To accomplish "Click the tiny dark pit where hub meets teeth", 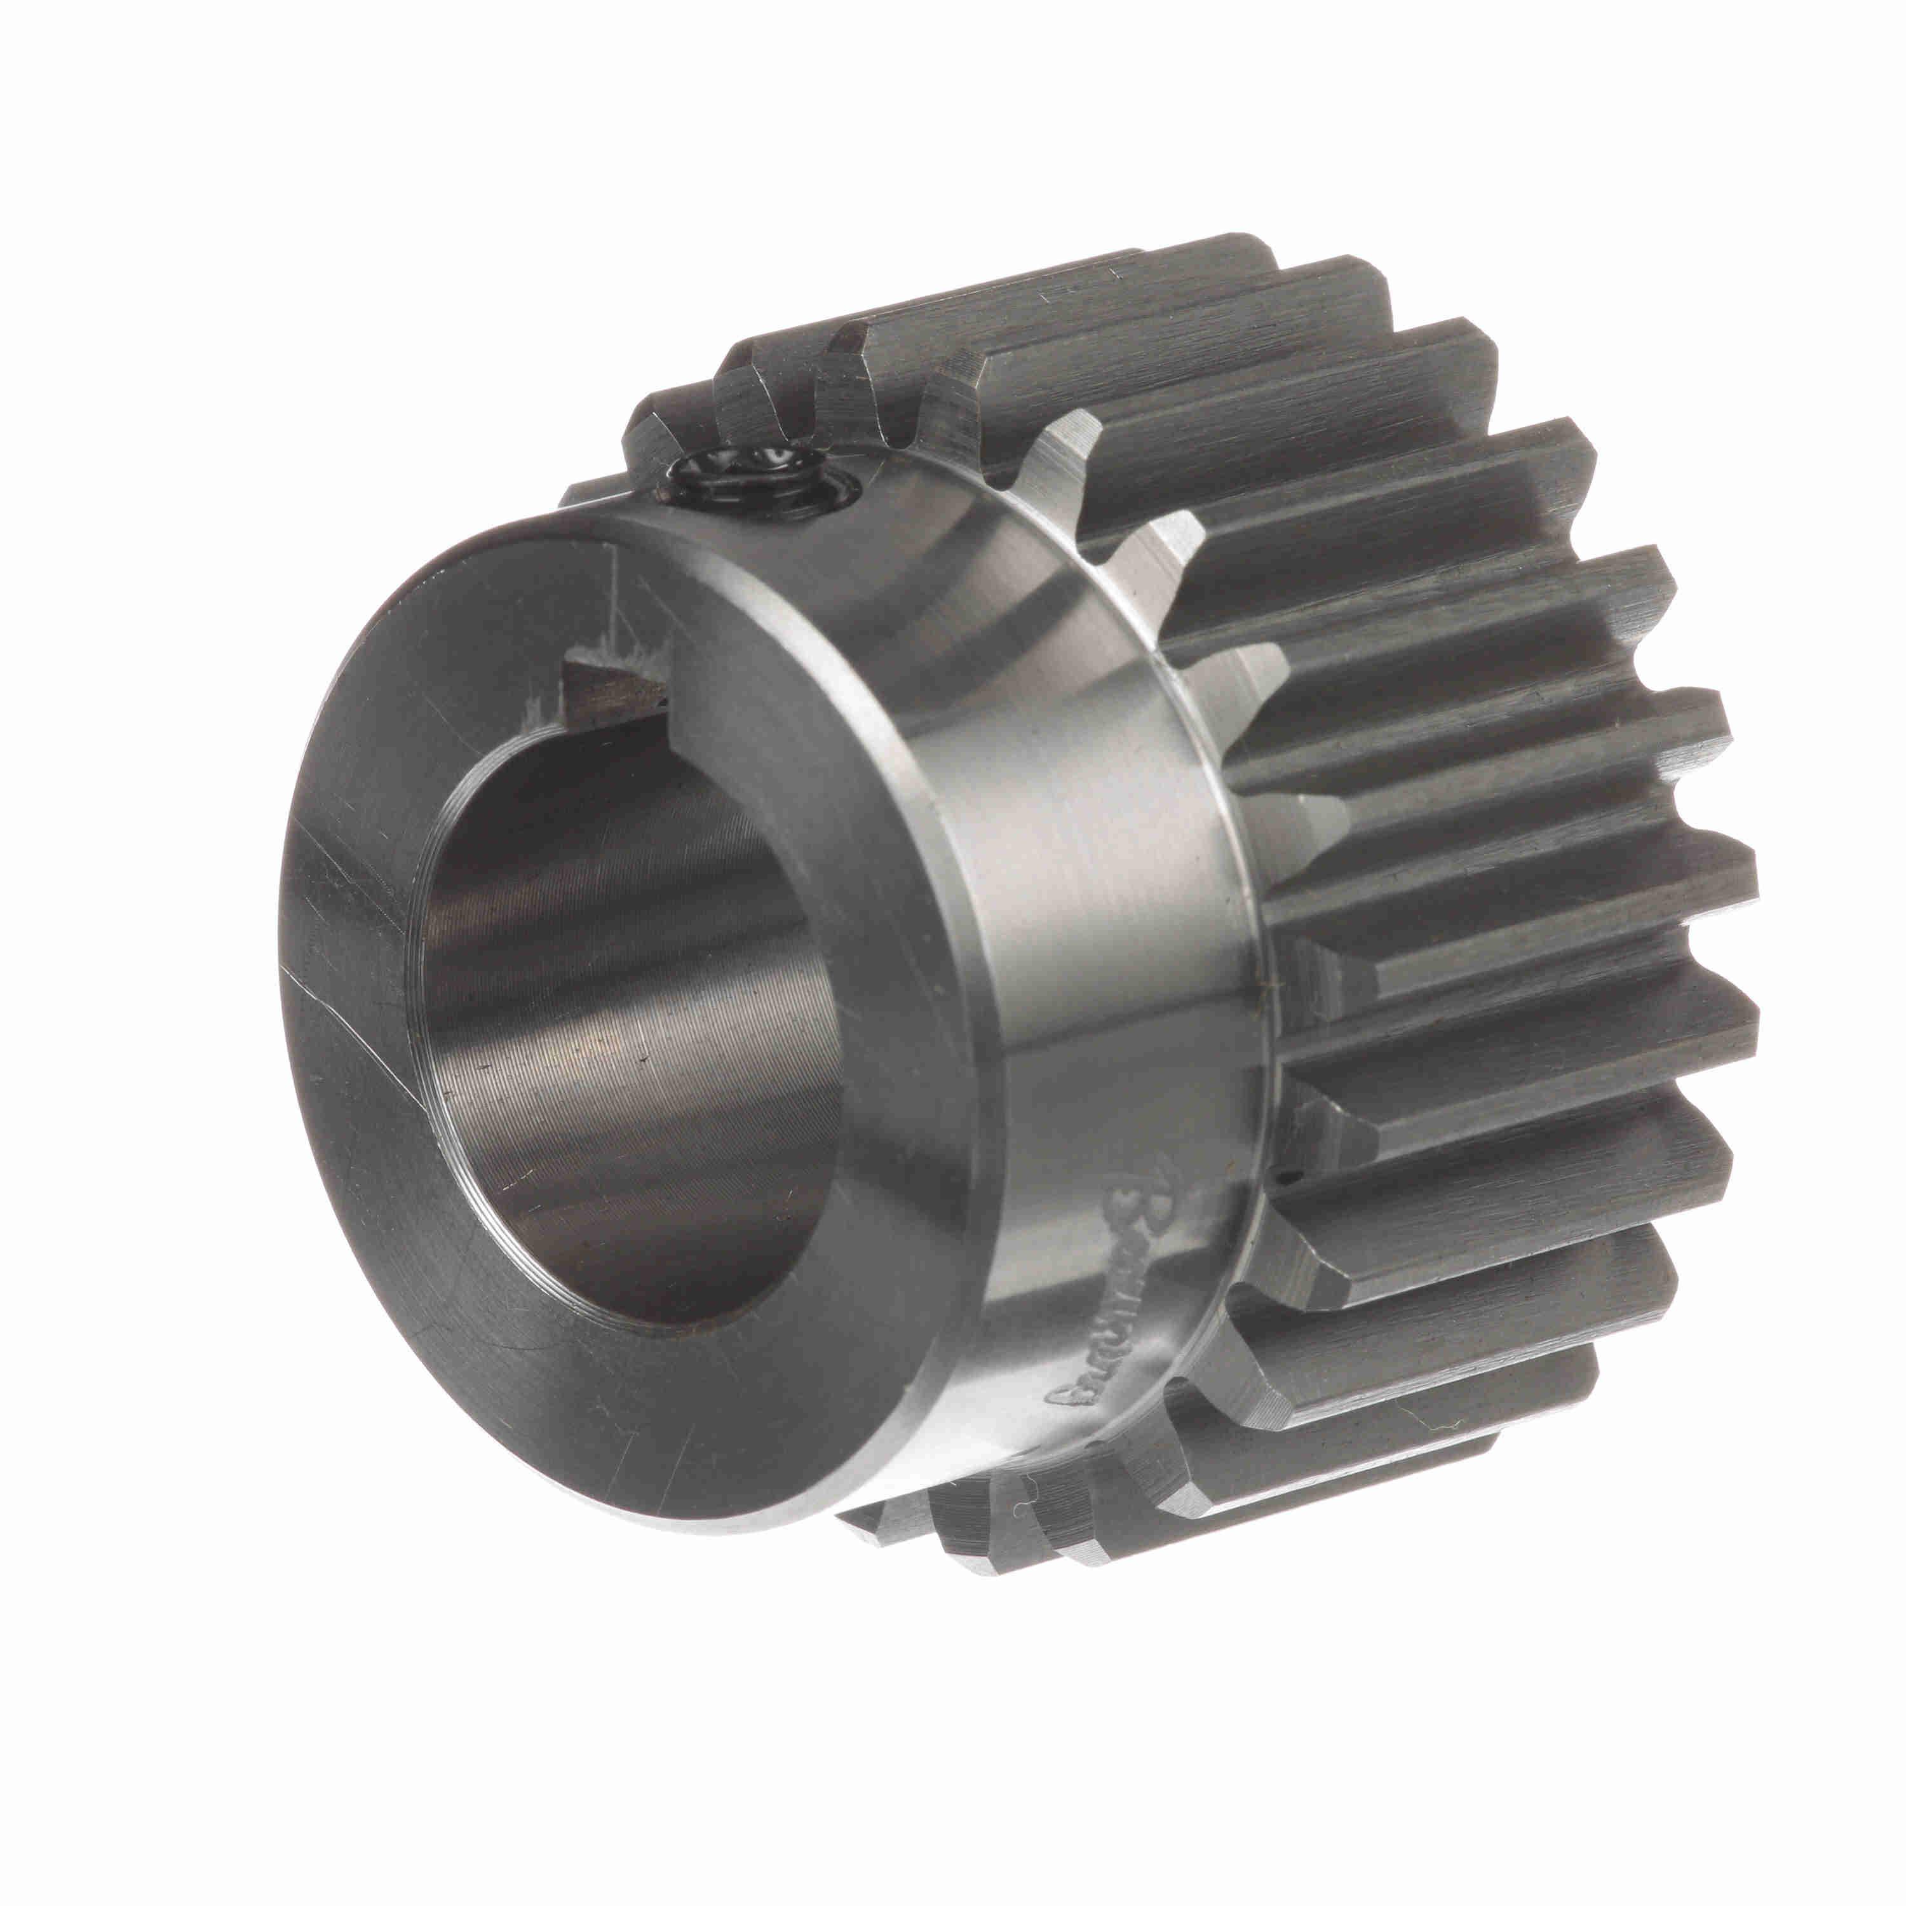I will coord(1280,1177).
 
